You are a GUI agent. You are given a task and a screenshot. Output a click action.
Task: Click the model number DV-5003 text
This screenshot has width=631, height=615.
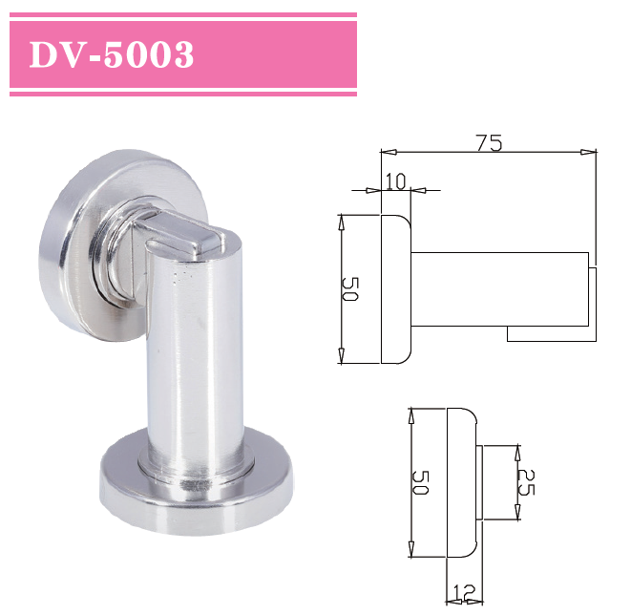tap(112, 55)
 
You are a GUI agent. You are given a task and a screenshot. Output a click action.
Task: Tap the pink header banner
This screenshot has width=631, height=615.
tap(277, 54)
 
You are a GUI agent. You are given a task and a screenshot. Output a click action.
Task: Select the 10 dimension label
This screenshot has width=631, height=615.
tap(394, 180)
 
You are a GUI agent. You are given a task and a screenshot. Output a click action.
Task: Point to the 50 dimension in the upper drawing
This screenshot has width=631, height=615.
tap(349, 288)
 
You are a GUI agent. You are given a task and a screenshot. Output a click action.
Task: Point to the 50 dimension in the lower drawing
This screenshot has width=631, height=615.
tap(420, 482)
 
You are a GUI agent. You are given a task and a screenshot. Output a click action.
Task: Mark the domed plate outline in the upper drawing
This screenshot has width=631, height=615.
tap(395, 288)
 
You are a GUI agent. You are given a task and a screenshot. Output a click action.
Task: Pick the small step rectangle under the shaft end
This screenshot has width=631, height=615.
tap(549, 333)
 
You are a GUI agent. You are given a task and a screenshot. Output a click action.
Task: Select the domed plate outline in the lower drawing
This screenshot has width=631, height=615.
tap(462, 482)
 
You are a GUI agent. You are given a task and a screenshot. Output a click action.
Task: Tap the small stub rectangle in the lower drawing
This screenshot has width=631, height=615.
tap(495, 482)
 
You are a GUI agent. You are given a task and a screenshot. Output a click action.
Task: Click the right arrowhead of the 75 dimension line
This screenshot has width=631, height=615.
tap(591, 151)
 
